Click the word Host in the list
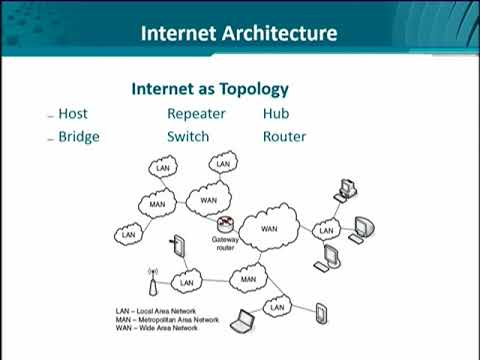point(74,114)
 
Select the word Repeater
point(196,114)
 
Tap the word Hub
point(276,114)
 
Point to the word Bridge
point(79,137)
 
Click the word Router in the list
point(285,137)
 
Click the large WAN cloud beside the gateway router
point(269,229)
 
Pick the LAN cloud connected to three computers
point(326,231)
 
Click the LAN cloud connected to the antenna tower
point(186,282)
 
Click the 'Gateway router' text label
point(224,244)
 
